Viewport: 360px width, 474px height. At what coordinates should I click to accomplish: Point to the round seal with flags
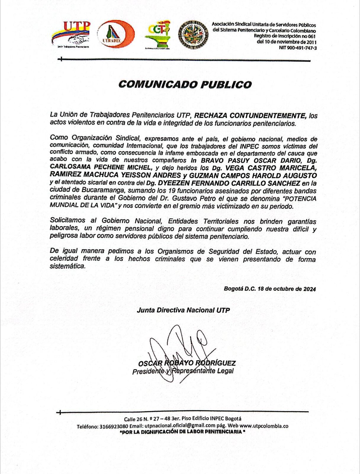193,35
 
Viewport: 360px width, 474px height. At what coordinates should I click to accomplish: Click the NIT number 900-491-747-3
298,48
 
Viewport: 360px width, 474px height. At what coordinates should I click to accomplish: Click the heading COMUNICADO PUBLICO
185,84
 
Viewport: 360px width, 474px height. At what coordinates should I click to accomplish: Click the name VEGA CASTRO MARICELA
272,168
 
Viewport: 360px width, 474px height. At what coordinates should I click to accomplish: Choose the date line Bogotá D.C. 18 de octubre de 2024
270,289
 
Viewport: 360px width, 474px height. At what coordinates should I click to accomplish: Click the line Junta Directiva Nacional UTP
183,310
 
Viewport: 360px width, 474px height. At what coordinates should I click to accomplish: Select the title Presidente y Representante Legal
183,371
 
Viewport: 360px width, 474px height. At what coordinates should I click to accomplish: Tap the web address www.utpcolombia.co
264,426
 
